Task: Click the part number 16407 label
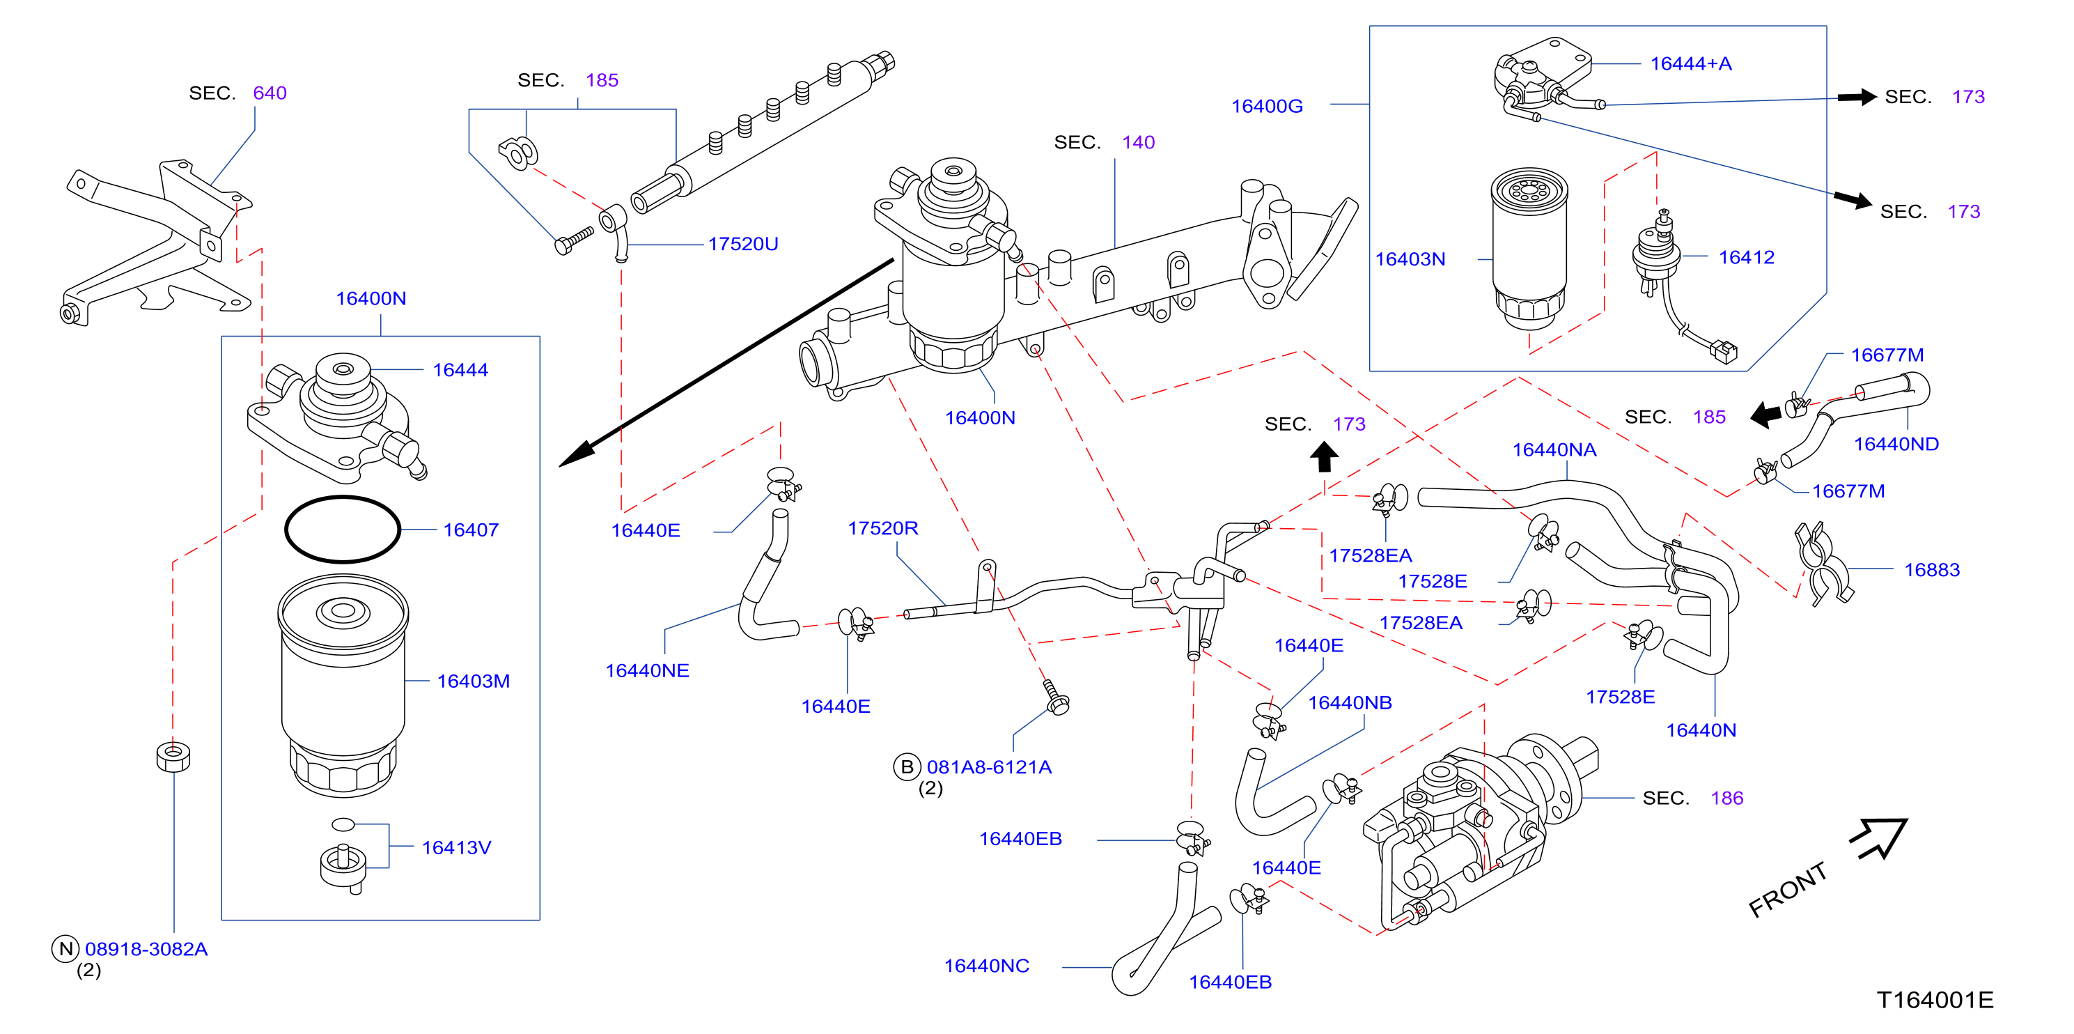(x=471, y=530)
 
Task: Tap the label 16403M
(x=474, y=681)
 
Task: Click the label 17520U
(x=743, y=244)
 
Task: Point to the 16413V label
(x=456, y=848)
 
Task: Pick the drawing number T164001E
(x=1935, y=1000)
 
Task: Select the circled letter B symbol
(x=907, y=766)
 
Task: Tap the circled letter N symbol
(x=66, y=948)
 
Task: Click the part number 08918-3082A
(x=146, y=950)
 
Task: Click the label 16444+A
(x=1691, y=63)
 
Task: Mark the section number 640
(x=270, y=93)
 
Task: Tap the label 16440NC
(x=986, y=966)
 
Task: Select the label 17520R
(x=882, y=528)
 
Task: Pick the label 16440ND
(x=1896, y=444)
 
